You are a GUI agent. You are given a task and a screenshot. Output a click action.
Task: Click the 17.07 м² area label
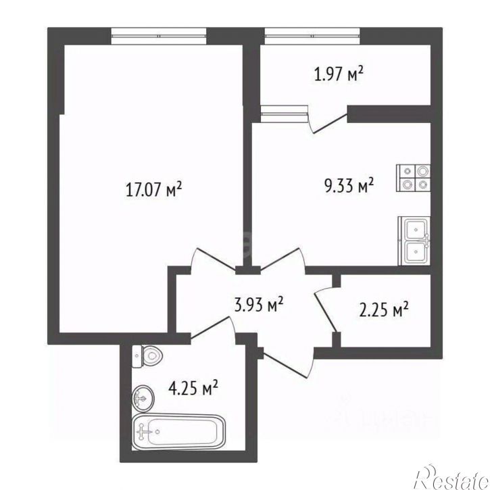tap(153, 190)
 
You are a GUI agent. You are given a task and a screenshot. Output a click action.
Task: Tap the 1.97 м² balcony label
tap(339, 74)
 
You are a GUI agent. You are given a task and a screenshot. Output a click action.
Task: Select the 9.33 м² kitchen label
tap(349, 186)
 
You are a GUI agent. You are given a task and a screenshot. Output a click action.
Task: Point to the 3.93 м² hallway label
tap(259, 304)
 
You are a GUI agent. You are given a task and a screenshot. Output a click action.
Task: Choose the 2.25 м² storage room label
tap(384, 309)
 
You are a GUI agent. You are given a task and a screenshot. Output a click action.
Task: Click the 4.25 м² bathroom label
tap(193, 388)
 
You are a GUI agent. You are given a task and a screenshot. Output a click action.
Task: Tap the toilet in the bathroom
tap(147, 356)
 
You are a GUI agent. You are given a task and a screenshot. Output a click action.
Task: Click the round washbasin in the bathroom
tap(143, 397)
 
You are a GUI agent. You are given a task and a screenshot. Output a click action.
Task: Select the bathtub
tap(178, 432)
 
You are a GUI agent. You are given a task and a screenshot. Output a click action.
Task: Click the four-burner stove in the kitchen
tap(413, 178)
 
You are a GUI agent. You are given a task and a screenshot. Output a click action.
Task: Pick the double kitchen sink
tap(414, 241)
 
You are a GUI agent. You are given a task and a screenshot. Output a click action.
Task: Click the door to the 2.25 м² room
tap(326, 309)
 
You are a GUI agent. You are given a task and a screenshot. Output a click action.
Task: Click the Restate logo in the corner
tap(452, 477)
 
